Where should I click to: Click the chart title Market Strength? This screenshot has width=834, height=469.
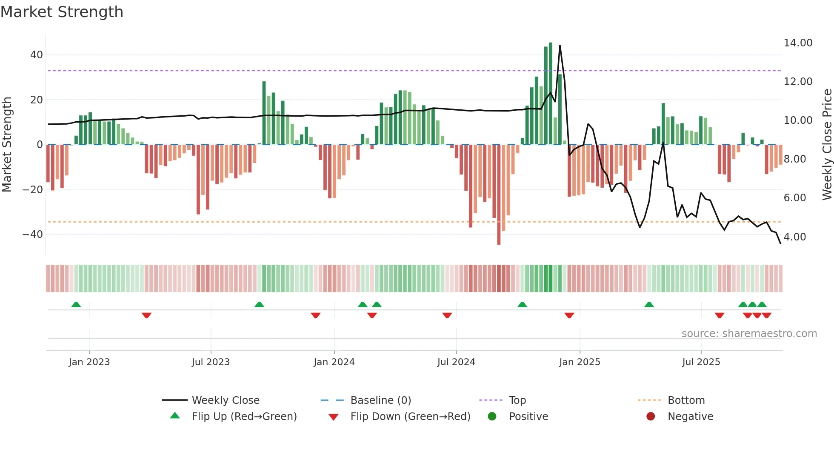click(62, 12)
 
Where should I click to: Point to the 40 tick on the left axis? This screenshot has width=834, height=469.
click(36, 55)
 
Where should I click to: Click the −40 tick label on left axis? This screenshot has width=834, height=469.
click(33, 234)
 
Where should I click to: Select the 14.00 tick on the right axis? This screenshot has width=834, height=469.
click(798, 43)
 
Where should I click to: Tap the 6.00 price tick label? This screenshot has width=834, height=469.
click(794, 198)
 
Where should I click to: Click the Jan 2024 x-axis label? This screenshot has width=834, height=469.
click(334, 362)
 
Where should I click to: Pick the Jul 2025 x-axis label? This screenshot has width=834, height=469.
click(701, 362)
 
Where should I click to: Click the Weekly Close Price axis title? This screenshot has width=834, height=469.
click(827, 145)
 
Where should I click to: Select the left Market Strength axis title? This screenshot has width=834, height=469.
click(7, 145)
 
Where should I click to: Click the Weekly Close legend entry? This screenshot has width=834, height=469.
click(226, 400)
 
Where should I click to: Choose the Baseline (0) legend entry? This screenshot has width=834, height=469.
click(380, 400)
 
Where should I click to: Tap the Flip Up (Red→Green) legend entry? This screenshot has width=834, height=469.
click(244, 417)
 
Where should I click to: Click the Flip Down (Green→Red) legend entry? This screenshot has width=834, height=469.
click(410, 417)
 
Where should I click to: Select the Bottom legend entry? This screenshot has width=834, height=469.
click(686, 400)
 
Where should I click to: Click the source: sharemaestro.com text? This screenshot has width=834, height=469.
click(749, 334)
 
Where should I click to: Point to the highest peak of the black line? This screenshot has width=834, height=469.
click(560, 46)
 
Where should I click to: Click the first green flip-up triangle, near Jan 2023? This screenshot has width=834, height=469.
click(76, 305)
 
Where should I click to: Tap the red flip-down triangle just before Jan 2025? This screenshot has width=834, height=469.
click(569, 315)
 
